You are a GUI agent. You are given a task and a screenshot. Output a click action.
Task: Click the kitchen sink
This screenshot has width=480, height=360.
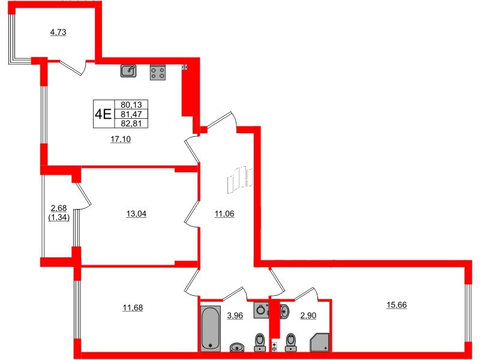(x=128, y=71)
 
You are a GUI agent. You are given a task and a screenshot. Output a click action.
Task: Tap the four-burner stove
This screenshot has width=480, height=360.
(x=158, y=72)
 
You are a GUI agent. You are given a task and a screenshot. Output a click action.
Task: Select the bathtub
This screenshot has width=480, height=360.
(x=211, y=328)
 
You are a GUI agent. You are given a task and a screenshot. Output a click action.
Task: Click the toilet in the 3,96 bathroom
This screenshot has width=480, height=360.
(x=260, y=341)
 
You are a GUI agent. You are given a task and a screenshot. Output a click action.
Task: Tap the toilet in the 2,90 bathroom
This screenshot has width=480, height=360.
(x=292, y=341)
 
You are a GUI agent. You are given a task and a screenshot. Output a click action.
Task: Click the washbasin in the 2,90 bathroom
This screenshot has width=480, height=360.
(x=284, y=310)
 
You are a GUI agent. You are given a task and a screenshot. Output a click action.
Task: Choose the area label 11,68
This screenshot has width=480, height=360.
(x=133, y=308)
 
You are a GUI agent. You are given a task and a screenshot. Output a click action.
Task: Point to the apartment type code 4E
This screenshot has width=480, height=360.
(x=103, y=113)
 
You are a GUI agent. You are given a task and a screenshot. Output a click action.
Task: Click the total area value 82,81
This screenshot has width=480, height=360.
(x=130, y=124)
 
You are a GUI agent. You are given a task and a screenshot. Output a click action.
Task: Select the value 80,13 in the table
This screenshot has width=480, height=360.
(x=130, y=103)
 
